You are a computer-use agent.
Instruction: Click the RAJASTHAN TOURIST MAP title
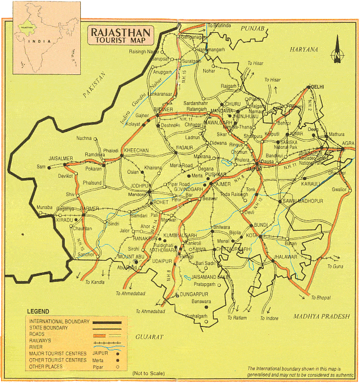(x=121, y=36)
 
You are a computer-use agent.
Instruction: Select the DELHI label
(x=317, y=87)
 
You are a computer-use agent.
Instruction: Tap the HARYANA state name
(x=304, y=50)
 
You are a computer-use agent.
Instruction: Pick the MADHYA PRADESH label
(x=321, y=317)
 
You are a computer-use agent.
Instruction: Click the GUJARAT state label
(x=149, y=337)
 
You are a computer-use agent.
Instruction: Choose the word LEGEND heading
(x=38, y=312)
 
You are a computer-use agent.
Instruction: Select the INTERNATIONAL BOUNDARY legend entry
(x=59, y=321)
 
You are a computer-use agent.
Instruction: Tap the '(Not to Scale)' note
(x=148, y=373)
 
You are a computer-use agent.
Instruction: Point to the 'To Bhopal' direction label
(x=320, y=298)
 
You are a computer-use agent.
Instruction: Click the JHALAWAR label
(x=284, y=257)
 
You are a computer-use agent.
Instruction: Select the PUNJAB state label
(x=253, y=29)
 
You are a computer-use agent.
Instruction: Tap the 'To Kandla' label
(x=95, y=283)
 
